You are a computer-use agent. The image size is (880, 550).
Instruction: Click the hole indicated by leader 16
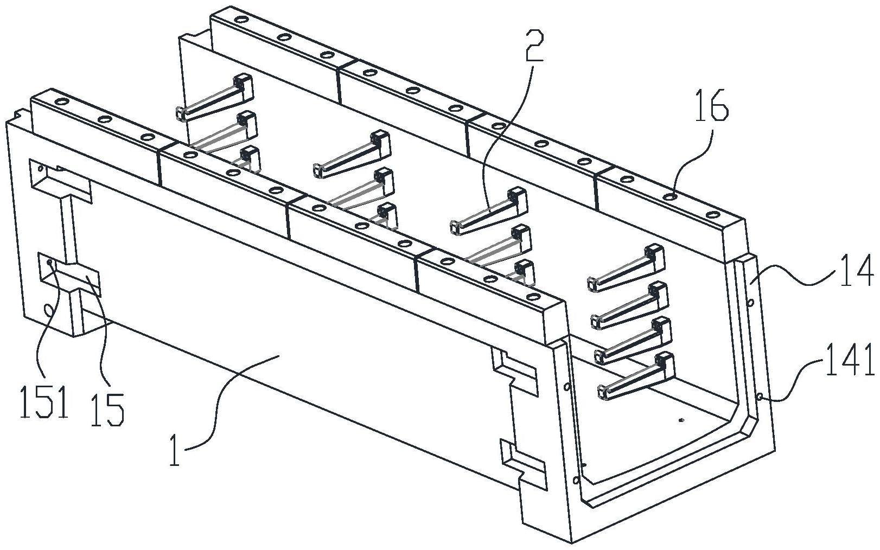(671, 196)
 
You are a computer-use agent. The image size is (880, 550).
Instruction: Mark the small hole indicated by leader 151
(49, 263)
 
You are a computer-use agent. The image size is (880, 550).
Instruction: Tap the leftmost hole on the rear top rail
(239, 21)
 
